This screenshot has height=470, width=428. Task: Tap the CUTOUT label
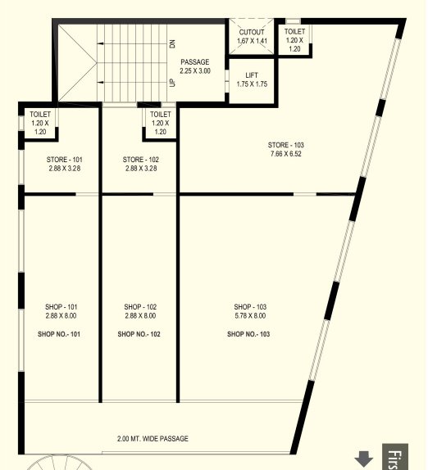[252, 32]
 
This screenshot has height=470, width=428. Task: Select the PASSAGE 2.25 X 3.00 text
[195, 66]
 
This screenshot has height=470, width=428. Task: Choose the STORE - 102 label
[139, 160]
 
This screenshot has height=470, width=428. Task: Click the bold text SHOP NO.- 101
[59, 334]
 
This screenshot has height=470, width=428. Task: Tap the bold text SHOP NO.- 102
[139, 334]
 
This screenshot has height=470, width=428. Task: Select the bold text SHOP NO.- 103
[249, 334]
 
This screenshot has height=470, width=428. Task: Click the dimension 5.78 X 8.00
[249, 316]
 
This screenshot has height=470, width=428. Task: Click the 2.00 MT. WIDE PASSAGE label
[153, 439]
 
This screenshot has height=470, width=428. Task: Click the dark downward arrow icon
[364, 459]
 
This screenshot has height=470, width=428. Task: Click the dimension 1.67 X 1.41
[252, 40]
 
